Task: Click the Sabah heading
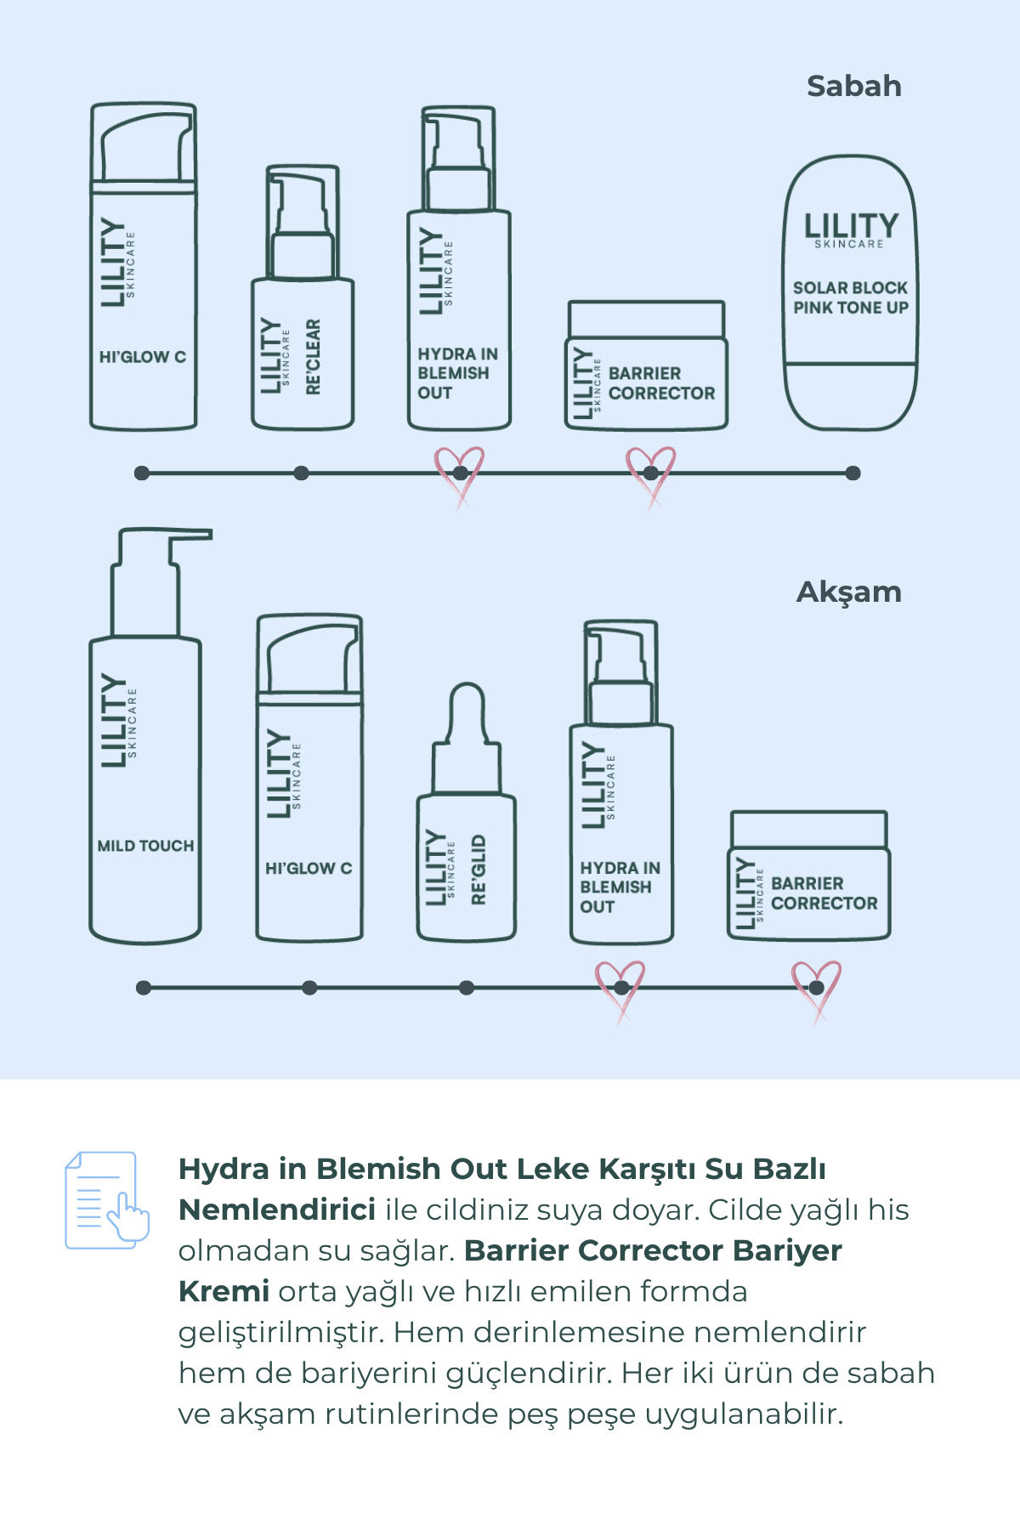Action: tap(853, 86)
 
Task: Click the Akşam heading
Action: tap(848, 592)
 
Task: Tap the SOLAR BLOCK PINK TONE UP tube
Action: tap(850, 293)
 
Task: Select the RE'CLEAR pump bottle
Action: tap(303, 297)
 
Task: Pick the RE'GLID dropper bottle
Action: tap(466, 813)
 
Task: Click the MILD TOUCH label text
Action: tap(145, 846)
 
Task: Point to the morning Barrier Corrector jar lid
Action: tap(646, 320)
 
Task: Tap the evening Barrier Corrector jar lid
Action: tap(809, 830)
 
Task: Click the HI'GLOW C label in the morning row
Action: tap(143, 357)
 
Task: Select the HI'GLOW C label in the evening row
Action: tap(309, 868)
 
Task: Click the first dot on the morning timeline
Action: tap(142, 473)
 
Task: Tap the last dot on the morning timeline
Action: tap(853, 473)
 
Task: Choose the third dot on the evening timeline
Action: tap(466, 988)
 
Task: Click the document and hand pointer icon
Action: tap(107, 1200)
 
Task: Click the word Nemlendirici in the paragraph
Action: tap(277, 1210)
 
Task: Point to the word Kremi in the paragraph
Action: tap(224, 1291)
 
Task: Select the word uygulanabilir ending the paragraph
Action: tap(744, 1415)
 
